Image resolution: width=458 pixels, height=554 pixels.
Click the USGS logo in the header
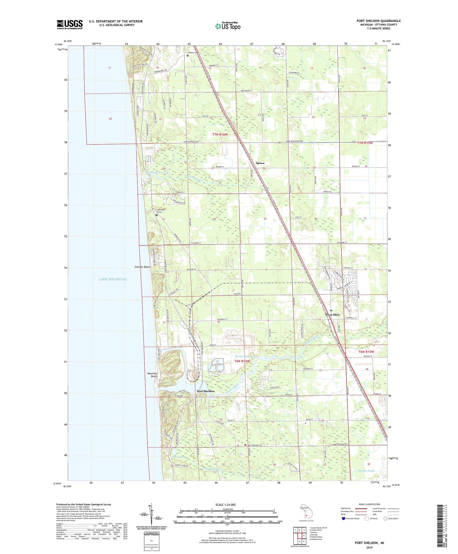tap(70, 24)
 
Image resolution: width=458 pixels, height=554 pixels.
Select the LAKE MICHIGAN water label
tap(112, 279)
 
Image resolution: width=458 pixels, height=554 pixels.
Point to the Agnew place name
tap(260, 163)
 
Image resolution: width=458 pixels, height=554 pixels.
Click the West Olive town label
tap(332, 314)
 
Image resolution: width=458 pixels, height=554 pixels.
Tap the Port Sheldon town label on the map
tap(205, 391)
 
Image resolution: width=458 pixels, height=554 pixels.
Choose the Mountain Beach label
tap(152, 375)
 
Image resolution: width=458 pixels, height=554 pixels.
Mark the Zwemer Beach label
tap(143, 267)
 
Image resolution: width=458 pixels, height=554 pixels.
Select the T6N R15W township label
tap(366, 352)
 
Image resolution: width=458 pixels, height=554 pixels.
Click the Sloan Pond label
tap(179, 457)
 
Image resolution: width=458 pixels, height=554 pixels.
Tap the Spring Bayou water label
tap(243, 356)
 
